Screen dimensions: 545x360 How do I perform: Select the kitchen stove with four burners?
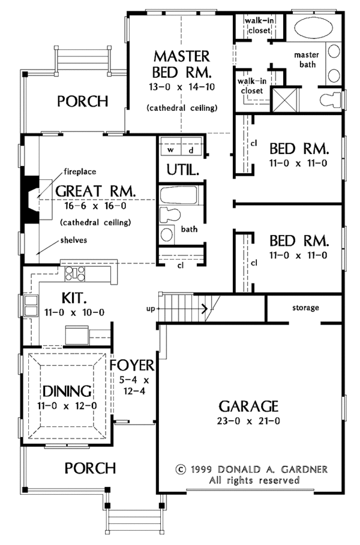[75, 274]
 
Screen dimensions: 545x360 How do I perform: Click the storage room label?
[305, 308]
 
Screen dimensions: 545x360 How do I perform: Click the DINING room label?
[67, 392]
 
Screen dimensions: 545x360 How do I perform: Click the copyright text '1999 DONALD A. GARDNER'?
[259, 469]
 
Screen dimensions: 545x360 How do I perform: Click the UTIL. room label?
[183, 170]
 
